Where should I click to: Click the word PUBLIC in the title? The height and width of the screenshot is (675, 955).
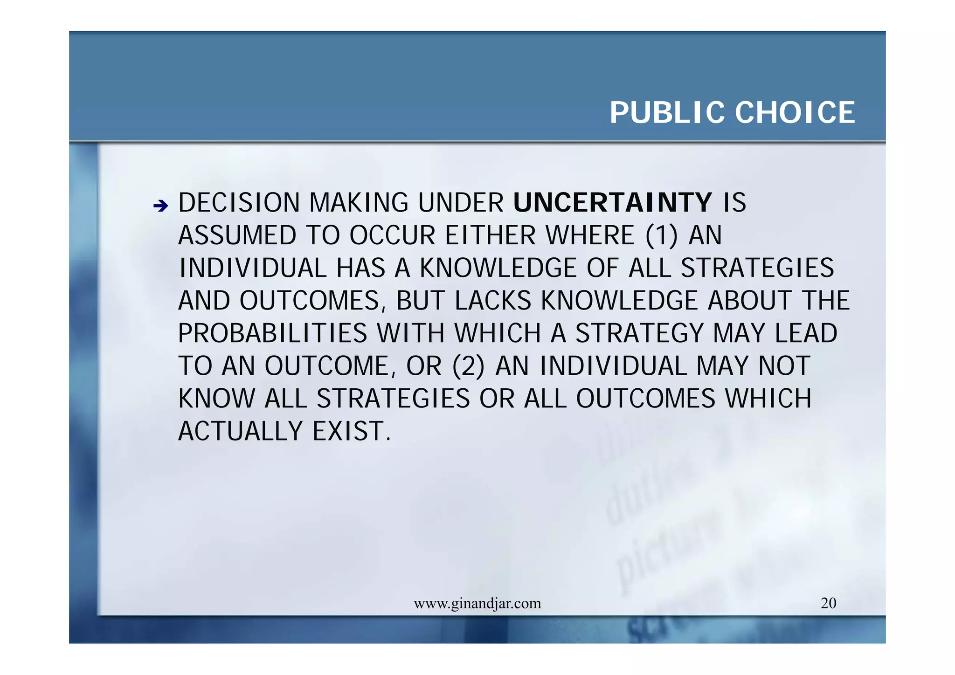(668, 113)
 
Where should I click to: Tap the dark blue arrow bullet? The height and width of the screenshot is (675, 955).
(160, 206)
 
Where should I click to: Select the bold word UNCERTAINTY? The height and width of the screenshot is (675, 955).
(612, 203)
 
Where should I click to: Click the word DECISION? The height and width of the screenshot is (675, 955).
(239, 203)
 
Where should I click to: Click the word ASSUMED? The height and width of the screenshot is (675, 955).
(237, 235)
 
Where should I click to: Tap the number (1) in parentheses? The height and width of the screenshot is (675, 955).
(661, 235)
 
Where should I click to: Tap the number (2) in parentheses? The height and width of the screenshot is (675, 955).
(468, 366)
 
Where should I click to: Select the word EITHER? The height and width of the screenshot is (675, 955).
(490, 235)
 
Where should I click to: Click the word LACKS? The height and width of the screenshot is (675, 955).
(492, 301)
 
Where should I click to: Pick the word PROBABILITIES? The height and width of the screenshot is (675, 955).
(272, 333)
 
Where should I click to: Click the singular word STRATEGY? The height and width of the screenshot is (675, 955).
(639, 333)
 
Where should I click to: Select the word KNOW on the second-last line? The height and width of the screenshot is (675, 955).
(217, 399)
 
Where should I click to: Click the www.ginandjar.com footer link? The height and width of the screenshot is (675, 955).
(477, 604)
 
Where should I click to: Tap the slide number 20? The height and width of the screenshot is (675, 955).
(828, 603)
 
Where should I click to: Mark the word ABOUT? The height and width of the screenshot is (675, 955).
(749, 301)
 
